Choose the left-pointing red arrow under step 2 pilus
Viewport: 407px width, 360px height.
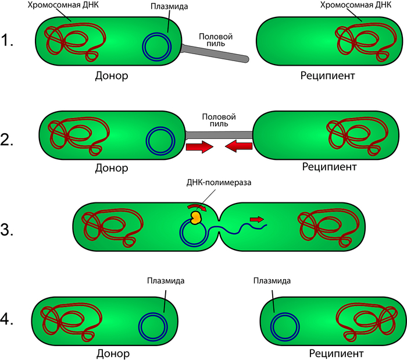tap(238, 147)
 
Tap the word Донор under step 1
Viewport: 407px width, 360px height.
tap(111, 76)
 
